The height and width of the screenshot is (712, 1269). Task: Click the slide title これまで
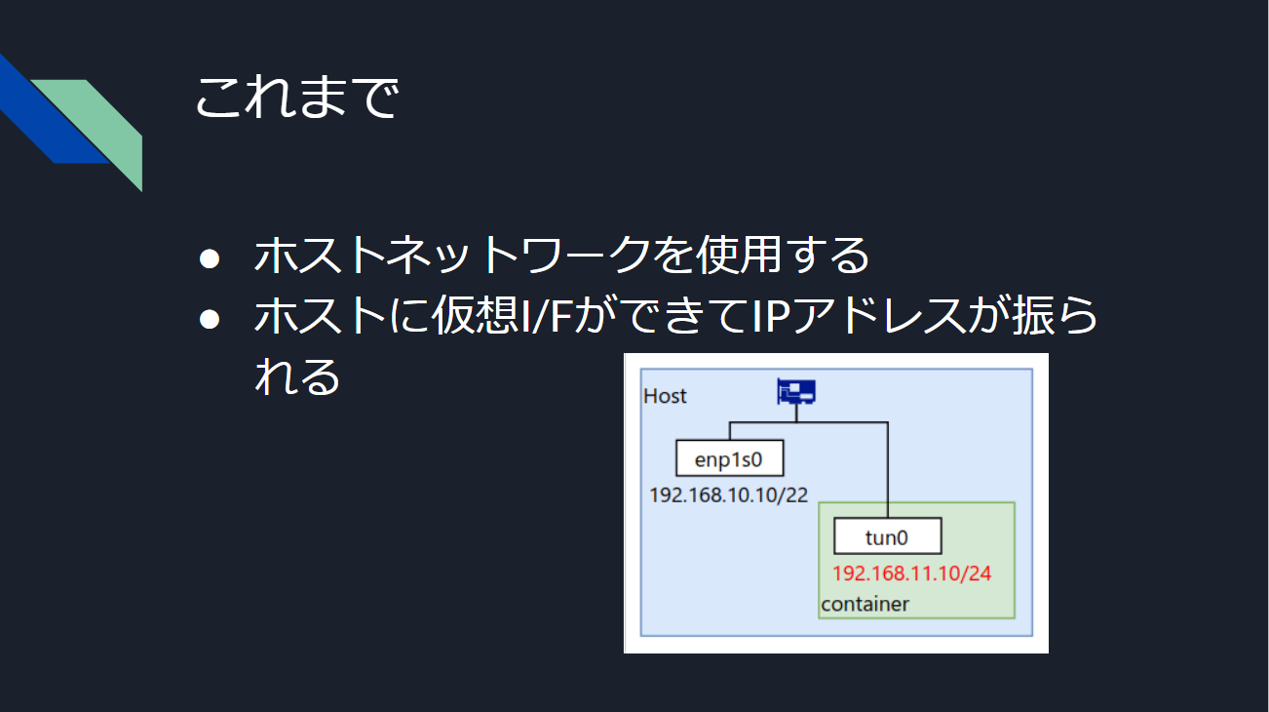click(297, 98)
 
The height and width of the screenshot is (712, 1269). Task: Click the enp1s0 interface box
click(730, 458)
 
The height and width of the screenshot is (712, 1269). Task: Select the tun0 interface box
click(888, 535)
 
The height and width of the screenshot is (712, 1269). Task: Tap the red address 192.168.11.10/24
click(911, 574)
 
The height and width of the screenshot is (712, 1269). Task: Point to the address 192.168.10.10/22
click(728, 494)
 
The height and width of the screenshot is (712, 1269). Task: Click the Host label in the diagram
click(665, 396)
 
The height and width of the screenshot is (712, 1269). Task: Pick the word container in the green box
click(865, 605)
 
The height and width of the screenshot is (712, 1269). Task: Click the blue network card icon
click(796, 391)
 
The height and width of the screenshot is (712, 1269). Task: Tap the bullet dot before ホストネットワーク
click(210, 258)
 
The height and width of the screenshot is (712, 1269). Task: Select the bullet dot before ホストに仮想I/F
click(210, 319)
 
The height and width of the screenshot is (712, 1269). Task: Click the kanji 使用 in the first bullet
click(740, 256)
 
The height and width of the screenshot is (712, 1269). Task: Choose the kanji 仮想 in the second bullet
click(476, 316)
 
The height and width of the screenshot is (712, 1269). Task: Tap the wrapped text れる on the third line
click(297, 376)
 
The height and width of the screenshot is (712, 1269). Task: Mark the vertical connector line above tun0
click(888, 470)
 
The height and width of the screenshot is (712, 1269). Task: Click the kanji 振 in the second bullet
click(1034, 316)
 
